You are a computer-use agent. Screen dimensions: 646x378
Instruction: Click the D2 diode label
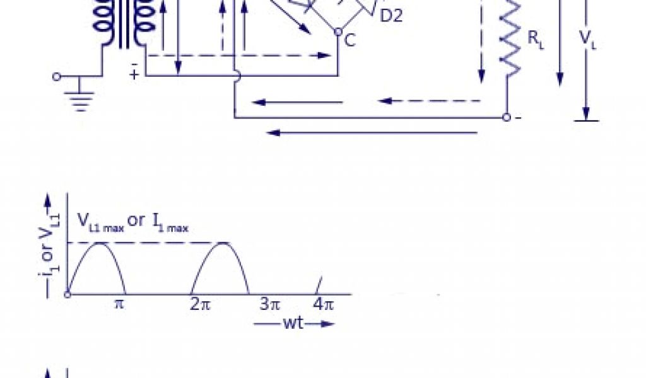click(391, 16)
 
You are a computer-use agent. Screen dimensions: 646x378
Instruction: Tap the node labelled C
click(338, 31)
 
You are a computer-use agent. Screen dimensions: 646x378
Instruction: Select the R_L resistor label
click(536, 40)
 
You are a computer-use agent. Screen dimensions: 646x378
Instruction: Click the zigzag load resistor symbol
click(509, 39)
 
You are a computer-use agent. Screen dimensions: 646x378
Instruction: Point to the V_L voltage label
click(587, 40)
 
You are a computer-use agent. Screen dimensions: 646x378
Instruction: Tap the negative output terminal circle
click(507, 118)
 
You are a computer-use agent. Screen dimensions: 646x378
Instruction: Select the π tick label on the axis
click(119, 305)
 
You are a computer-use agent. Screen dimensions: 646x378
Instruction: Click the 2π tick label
click(200, 305)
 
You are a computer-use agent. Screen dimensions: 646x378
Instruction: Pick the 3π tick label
click(270, 305)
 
